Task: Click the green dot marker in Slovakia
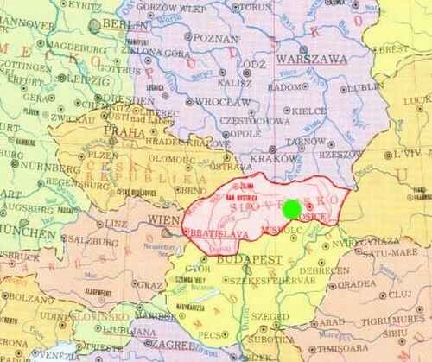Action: click(292, 208)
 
